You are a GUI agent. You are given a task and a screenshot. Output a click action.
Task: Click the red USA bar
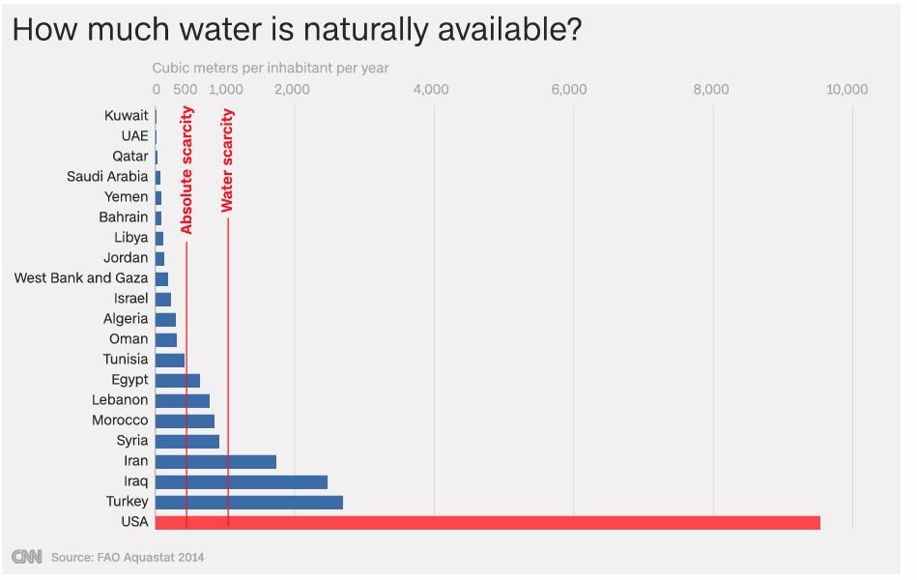click(487, 523)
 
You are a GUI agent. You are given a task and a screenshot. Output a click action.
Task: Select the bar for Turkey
click(248, 503)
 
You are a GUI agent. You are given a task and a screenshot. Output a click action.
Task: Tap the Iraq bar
click(241, 482)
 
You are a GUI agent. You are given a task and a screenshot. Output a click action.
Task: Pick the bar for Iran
click(215, 462)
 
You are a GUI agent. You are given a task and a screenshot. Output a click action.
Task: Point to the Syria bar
click(187, 441)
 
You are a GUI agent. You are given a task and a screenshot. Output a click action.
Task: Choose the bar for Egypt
click(178, 380)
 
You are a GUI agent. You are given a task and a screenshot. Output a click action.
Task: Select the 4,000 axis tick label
click(430, 90)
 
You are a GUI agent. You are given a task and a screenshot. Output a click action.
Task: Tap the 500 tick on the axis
click(186, 90)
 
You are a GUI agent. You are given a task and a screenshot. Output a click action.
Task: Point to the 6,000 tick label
click(569, 90)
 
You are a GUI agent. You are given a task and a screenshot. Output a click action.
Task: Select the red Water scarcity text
click(228, 160)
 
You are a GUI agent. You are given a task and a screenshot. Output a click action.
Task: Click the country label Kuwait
click(127, 116)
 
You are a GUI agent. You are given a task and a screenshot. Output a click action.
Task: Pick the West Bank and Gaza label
click(81, 278)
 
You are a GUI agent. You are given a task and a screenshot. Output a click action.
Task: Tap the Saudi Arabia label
click(107, 177)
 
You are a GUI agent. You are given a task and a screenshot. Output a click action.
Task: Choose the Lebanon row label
click(120, 400)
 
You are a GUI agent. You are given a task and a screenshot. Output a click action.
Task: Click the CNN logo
click(26, 557)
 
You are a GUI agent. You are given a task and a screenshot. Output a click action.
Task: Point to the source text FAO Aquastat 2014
click(128, 558)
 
